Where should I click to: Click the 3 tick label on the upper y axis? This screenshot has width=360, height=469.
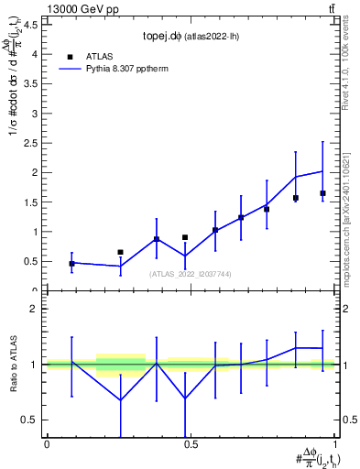click(36, 113)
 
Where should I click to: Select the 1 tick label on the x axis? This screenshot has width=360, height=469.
click(334, 444)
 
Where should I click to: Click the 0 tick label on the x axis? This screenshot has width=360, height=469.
click(47, 444)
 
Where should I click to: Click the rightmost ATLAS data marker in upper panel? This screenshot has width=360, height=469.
click(322, 193)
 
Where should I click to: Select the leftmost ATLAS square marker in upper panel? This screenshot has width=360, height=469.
click(71, 264)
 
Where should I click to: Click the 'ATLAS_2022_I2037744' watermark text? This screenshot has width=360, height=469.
click(191, 274)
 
